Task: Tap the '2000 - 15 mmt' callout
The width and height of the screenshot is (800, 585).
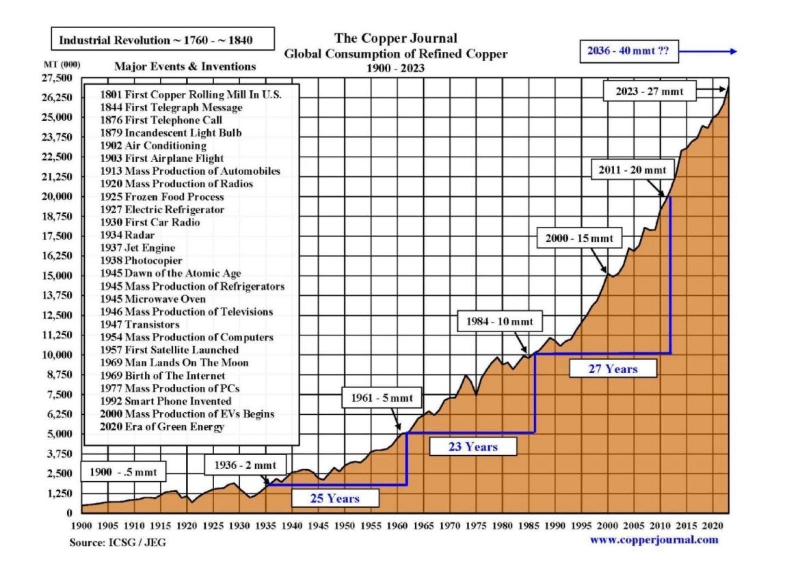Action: point(580,239)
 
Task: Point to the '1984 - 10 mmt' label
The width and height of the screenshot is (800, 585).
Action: point(504,321)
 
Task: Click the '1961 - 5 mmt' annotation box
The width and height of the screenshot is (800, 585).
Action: point(383,398)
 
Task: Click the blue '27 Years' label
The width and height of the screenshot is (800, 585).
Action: point(613,368)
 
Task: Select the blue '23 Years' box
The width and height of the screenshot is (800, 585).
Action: point(473,447)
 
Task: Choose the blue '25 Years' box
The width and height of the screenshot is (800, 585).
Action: point(335,498)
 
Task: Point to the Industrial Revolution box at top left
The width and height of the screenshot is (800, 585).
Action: point(162,40)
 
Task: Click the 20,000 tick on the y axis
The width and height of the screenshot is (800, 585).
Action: point(58,197)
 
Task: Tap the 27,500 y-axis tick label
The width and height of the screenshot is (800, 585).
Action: point(58,79)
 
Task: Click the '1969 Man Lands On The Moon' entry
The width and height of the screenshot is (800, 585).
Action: point(174,363)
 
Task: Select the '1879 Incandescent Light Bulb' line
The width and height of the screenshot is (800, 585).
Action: point(170,133)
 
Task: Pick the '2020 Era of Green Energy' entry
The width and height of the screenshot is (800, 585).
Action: point(162,427)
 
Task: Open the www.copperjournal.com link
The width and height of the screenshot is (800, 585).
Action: point(654,540)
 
